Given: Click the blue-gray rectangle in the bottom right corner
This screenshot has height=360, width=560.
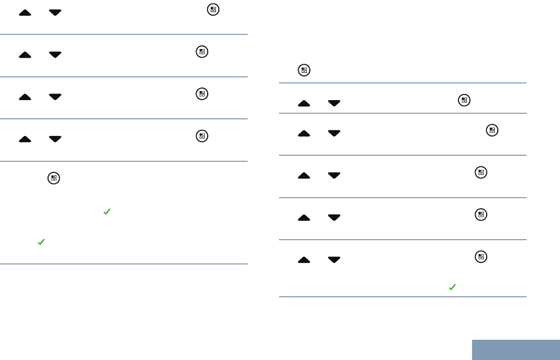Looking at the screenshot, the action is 516,349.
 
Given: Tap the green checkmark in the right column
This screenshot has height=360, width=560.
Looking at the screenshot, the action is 452,287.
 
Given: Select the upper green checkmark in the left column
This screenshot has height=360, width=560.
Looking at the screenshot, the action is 107,212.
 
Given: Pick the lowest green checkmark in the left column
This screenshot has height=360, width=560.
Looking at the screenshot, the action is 41,243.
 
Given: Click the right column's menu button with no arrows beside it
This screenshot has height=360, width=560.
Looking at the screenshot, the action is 304,71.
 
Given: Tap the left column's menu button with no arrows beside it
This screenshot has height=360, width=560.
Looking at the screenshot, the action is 54,178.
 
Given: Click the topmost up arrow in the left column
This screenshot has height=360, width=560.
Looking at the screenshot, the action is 25,12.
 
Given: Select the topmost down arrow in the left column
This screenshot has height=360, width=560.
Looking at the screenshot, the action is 55,12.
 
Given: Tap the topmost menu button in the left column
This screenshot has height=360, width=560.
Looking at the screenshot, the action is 213,10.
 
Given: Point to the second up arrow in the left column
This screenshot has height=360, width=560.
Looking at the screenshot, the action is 25,55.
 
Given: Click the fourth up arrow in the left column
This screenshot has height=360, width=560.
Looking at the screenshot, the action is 25,139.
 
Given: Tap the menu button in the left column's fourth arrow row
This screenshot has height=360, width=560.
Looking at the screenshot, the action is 202,136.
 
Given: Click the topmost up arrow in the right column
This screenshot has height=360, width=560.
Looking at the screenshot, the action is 304,103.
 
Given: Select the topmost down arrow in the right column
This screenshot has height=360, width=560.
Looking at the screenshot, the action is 334,103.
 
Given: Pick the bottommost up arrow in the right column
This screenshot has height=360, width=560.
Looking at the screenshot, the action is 304,260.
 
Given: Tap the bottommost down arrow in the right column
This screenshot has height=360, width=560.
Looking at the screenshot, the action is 334,260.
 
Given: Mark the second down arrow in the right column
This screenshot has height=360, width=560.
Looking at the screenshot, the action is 334,133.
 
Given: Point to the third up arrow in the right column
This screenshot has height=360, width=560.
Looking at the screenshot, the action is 304,175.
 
